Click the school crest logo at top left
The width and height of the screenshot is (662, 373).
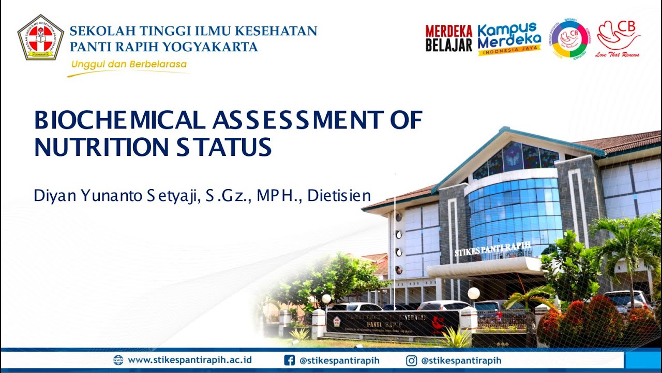[x=40, y=37]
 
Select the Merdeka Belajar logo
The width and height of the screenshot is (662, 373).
[x=448, y=38]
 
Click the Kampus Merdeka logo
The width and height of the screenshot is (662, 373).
[x=509, y=38]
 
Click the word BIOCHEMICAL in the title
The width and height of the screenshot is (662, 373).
[x=119, y=121]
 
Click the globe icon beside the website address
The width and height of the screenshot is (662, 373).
[x=118, y=360]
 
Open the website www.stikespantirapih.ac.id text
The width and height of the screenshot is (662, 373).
[x=190, y=360]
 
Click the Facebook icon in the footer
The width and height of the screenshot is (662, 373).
[x=290, y=360]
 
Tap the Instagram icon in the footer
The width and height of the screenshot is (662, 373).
[x=412, y=360]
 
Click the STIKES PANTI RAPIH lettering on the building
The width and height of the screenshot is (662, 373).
[x=493, y=250]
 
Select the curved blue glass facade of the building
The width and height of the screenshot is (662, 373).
[x=515, y=212]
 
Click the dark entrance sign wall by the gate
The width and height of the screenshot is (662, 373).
[x=392, y=323]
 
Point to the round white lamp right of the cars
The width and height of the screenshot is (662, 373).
[x=473, y=293]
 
